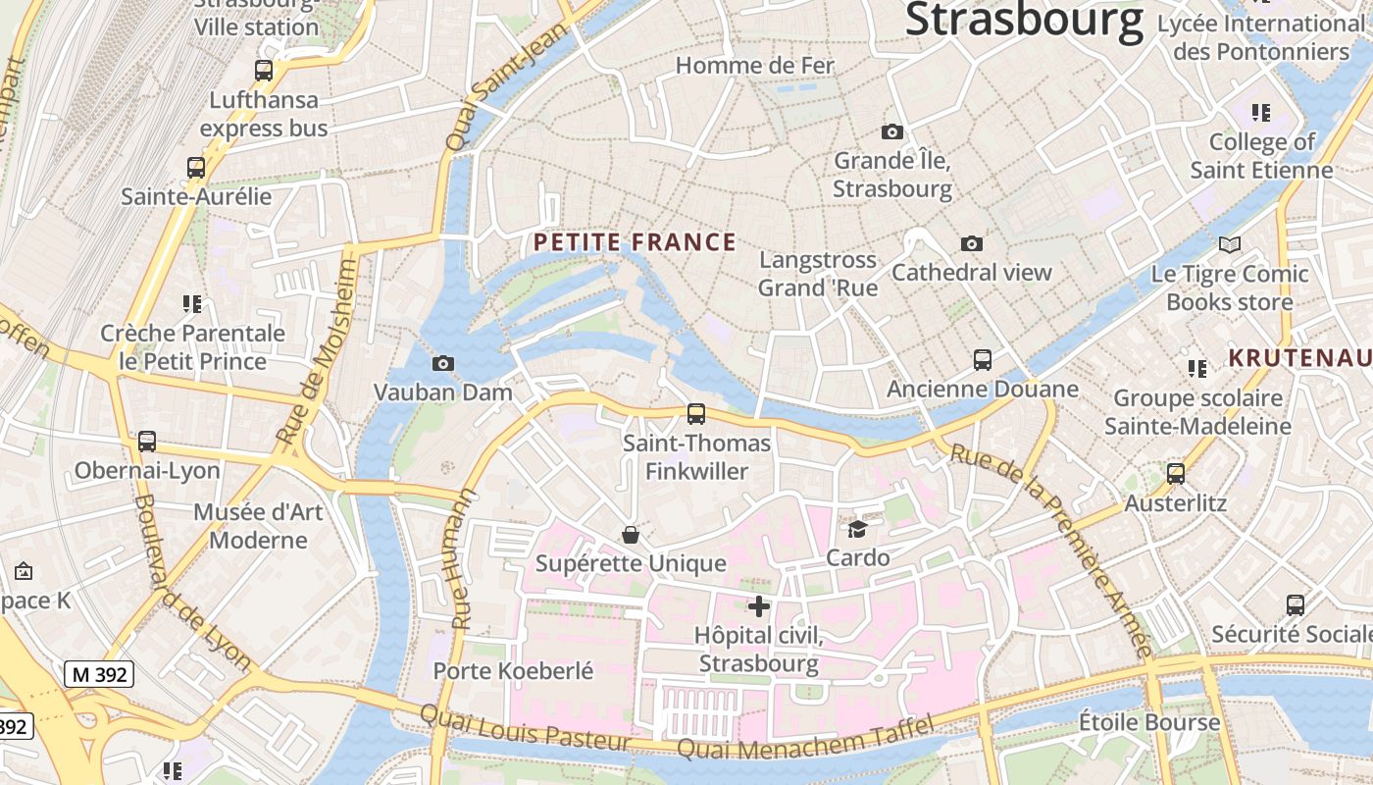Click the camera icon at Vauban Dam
(443, 364)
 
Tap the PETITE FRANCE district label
(635, 242)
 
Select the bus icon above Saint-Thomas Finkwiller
(696, 414)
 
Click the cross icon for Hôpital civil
(758, 606)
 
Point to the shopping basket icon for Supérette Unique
(631, 535)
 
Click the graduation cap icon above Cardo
(858, 529)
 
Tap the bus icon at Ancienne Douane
(983, 360)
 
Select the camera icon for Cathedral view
(972, 243)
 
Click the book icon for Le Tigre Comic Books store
(1230, 244)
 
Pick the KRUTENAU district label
(1300, 358)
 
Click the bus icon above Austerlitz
(1176, 474)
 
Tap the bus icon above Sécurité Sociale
(1296, 605)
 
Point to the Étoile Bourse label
(1149, 723)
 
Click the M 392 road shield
(99, 674)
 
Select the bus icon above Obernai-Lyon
(147, 442)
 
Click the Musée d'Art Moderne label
(258, 526)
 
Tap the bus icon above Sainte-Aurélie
(196, 168)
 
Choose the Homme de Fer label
(755, 66)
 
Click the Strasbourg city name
(1024, 20)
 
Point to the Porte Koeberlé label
(513, 671)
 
